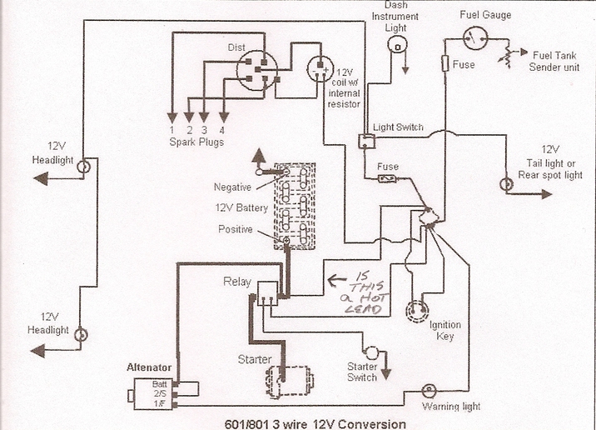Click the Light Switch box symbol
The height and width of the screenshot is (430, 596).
point(365,141)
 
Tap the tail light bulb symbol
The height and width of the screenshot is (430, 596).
point(503,184)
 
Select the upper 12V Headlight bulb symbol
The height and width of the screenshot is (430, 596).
point(82,167)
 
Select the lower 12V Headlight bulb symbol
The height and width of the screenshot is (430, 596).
point(82,334)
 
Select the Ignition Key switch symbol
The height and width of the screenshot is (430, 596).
point(414,309)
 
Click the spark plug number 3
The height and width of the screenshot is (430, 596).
point(205,129)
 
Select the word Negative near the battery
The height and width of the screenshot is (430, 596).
point(232,187)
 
